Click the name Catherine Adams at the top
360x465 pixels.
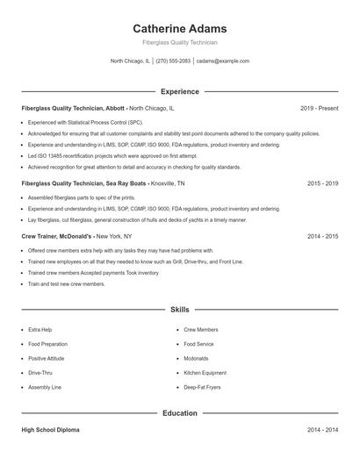[x=179, y=28]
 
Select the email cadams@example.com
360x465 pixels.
[x=223, y=61]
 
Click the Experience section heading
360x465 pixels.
[x=179, y=91]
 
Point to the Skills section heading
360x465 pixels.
[x=179, y=310]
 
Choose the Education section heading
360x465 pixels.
[x=179, y=412]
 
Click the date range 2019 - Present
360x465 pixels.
[x=319, y=108]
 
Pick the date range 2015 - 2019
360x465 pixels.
[x=322, y=184]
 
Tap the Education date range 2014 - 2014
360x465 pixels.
[x=322, y=430]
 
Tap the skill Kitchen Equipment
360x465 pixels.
[x=205, y=373]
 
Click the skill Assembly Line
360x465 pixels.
[x=45, y=387]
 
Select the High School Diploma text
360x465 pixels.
[x=52, y=430]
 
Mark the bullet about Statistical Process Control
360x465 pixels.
[x=85, y=122]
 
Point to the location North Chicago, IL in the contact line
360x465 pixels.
[x=130, y=61]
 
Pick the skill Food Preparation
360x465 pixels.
[x=47, y=344]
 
